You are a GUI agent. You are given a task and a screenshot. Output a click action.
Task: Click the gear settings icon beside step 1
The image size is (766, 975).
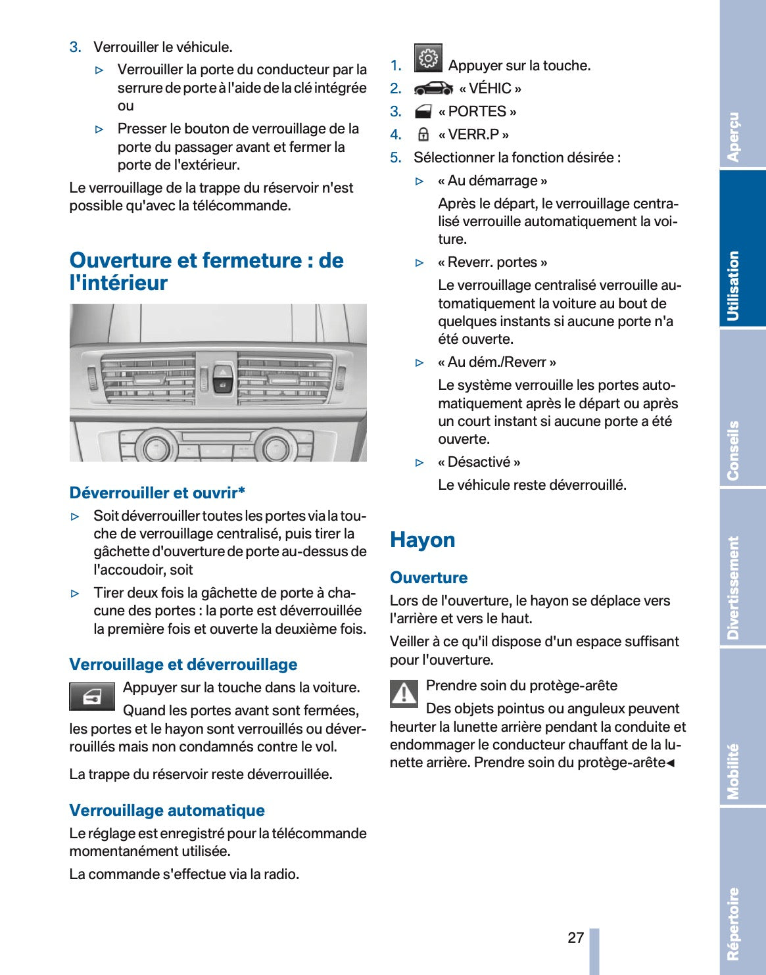click(428, 59)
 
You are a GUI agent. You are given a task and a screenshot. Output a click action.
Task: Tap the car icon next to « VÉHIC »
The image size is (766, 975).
click(433, 89)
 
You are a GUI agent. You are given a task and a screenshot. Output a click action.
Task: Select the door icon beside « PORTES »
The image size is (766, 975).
click(424, 112)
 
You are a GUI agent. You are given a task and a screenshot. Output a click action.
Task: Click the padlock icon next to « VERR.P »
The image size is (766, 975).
click(423, 135)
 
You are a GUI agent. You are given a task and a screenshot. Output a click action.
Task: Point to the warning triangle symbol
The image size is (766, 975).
click(404, 694)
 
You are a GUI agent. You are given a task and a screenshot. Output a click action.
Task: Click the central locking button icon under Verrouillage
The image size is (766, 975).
click(92, 697)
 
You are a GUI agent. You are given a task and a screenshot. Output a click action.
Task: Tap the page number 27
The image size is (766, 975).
click(576, 938)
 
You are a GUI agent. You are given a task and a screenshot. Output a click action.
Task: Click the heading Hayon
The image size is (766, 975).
click(423, 540)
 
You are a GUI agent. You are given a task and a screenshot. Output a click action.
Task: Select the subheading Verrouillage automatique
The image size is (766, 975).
click(167, 811)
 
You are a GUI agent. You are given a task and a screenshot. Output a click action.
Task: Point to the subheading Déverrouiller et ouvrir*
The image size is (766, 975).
click(158, 493)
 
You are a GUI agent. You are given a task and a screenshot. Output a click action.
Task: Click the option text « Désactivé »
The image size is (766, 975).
click(479, 462)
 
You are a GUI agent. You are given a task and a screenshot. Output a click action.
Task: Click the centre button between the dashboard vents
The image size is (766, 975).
click(222, 379)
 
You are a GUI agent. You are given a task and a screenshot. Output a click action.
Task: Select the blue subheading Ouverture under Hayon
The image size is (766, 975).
click(429, 578)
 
